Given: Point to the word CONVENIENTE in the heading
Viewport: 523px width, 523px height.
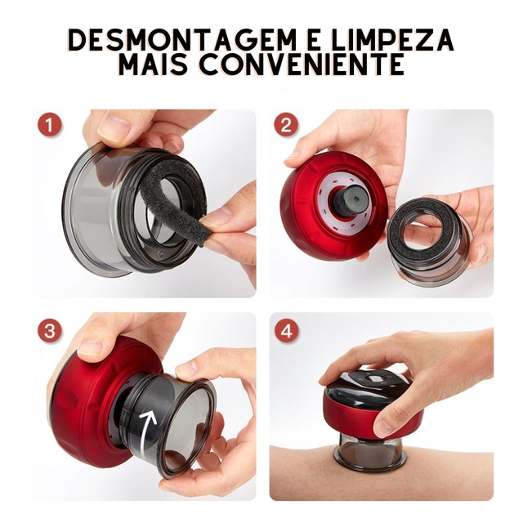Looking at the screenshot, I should click(x=311, y=65).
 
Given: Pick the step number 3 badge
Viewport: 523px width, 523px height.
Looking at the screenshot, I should click(x=51, y=331).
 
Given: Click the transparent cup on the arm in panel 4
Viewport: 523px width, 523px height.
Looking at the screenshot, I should click(x=369, y=453).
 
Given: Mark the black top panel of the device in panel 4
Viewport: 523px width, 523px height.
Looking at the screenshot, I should click(x=372, y=380).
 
